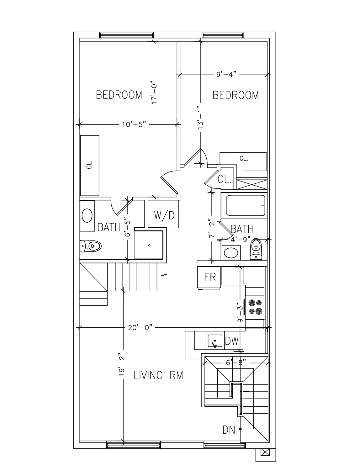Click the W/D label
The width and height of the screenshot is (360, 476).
164,215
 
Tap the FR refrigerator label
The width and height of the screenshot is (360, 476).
210,277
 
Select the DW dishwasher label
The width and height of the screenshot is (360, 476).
232,341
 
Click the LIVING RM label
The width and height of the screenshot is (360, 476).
158,375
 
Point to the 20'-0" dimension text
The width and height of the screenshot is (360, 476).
140,328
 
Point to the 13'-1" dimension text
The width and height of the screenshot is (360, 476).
200,117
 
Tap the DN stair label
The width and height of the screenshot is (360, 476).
229,430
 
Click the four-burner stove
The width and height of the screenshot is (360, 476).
255,307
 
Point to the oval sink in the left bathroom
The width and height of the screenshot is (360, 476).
87,216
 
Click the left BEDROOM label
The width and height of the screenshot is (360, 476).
119,95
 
